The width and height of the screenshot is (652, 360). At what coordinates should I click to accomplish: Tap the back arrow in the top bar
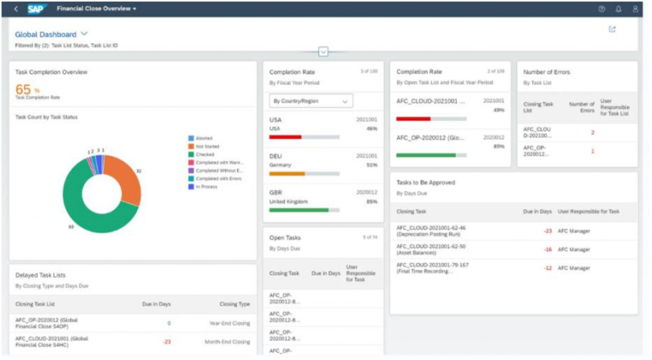click(x=16, y=9)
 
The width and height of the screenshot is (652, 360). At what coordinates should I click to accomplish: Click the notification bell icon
click(x=618, y=9)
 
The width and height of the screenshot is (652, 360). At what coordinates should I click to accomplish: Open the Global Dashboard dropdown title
click(x=51, y=34)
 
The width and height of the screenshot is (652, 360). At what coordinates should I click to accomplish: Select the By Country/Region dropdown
click(x=311, y=101)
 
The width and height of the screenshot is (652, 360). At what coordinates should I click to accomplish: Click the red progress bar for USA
click(x=285, y=137)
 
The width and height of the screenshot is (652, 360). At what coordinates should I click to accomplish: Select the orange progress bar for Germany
click(x=287, y=174)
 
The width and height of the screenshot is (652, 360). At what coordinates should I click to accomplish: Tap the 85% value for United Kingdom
click(x=372, y=202)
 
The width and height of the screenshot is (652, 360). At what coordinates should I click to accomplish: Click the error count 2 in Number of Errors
click(x=592, y=133)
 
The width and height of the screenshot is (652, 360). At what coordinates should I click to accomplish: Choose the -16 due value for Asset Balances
click(x=548, y=250)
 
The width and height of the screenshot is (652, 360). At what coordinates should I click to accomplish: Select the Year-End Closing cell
click(x=230, y=323)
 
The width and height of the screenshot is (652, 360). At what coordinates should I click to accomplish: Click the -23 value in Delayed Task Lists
click(x=167, y=342)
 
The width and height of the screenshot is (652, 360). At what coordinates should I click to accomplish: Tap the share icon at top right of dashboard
click(x=612, y=29)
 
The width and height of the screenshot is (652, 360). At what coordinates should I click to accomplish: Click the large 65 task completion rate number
click(x=23, y=89)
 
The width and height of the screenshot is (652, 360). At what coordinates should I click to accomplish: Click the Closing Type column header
click(x=234, y=304)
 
